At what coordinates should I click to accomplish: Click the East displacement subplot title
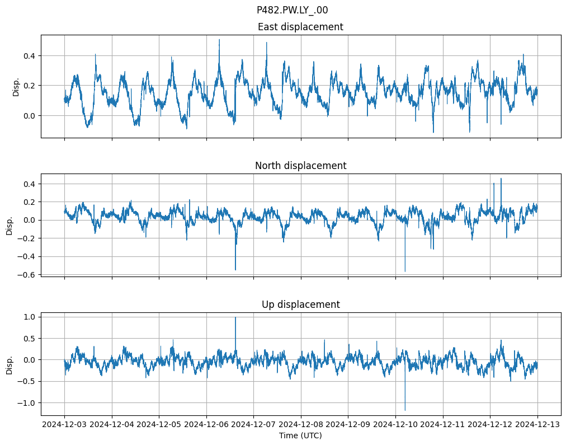tap(300, 27)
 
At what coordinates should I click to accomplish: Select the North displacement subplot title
tap(300, 166)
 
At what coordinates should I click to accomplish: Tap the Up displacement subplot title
tap(300, 305)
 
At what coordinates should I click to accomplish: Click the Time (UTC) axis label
tap(300, 435)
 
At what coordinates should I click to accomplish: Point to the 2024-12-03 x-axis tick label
tap(64, 425)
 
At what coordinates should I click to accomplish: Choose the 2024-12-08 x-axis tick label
tap(301, 425)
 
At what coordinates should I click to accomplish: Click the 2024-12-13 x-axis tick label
tap(537, 425)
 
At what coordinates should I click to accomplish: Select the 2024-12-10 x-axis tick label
tap(395, 425)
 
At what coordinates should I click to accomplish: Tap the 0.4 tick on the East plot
tap(29, 55)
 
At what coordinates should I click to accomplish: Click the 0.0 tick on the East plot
tap(29, 115)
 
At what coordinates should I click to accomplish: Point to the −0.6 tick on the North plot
tap(26, 274)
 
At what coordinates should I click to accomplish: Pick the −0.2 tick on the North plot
tap(26, 238)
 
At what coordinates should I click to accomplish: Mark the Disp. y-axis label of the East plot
tap(16, 86)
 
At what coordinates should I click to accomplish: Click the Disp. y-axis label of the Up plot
tap(10, 364)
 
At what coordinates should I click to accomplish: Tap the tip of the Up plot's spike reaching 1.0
tap(235, 317)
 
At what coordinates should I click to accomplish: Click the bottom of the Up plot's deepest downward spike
tap(405, 410)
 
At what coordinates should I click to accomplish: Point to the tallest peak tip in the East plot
tap(219, 39)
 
